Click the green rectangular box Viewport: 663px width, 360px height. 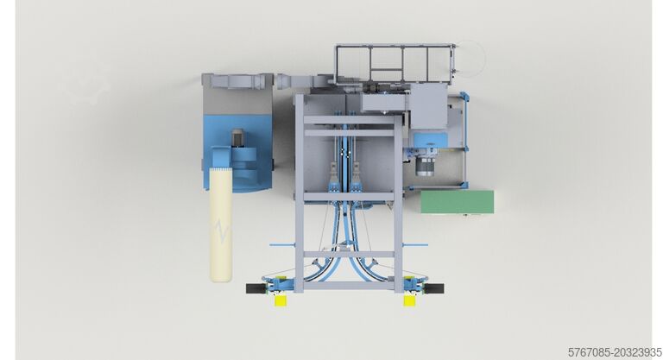457,201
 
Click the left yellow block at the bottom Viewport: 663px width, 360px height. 281,300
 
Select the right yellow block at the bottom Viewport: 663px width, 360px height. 408,300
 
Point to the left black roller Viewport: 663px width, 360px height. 256,287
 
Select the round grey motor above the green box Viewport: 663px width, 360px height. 425,165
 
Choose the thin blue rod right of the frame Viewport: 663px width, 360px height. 416,244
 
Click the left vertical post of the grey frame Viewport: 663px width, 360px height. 298,190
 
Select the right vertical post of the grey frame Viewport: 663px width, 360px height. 399,190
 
